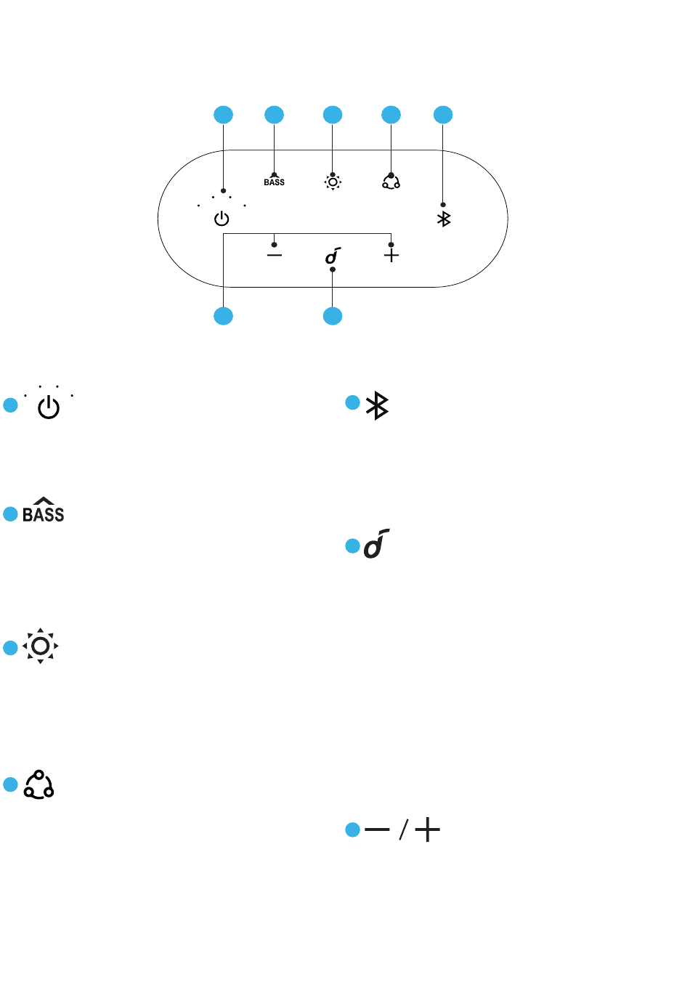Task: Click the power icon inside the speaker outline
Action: pyautogui.click(x=222, y=219)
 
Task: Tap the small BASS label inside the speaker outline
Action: pyautogui.click(x=274, y=182)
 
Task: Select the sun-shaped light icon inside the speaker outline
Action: pyautogui.click(x=333, y=182)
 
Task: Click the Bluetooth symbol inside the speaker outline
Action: pyautogui.click(x=444, y=219)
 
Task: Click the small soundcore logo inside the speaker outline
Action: pyautogui.click(x=333, y=256)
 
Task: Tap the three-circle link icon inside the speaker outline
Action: pyautogui.click(x=391, y=182)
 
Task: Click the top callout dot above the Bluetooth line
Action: pyautogui.click(x=443, y=115)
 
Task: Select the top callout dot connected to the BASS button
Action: pyautogui.click(x=274, y=115)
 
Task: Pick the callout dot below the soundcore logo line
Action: pyautogui.click(x=333, y=316)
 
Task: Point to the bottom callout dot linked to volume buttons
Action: pyautogui.click(x=223, y=316)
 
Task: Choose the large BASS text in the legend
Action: pyautogui.click(x=43, y=510)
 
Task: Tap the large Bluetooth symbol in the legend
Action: pyautogui.click(x=377, y=405)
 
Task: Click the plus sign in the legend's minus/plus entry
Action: pyautogui.click(x=427, y=829)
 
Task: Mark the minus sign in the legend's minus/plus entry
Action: pyautogui.click(x=377, y=829)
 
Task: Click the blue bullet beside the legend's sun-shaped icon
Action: pyautogui.click(x=10, y=648)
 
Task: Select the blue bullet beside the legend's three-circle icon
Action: pyautogui.click(x=10, y=784)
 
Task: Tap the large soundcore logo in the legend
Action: pyautogui.click(x=377, y=543)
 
